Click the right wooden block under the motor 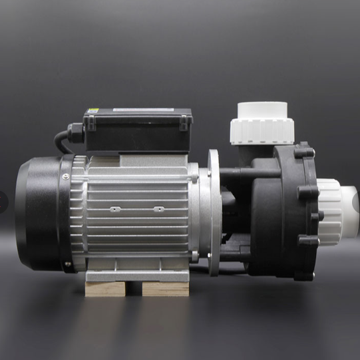tap(166, 287)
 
